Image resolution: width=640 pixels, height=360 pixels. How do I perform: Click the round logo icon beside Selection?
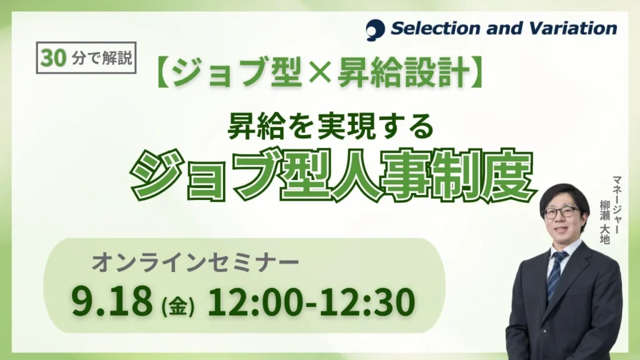[375, 29]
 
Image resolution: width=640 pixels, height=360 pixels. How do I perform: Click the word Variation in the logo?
[574, 29]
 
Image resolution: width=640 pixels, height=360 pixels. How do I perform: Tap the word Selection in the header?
[436, 29]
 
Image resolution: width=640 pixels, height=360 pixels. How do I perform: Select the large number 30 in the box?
[53, 57]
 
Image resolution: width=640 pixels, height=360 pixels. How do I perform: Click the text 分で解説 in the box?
[102, 58]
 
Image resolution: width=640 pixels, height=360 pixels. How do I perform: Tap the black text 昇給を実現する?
[330, 126]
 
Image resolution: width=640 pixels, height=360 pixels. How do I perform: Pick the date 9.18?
[111, 302]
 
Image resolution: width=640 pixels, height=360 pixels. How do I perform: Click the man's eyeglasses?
[563, 212]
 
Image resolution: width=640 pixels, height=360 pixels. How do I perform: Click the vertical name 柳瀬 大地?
[604, 221]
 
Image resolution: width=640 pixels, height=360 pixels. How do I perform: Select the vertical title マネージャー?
[616, 205]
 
